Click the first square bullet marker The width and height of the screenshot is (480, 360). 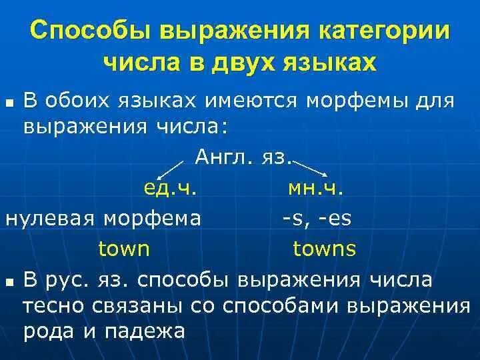(9, 103)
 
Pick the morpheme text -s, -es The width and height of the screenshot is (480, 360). (314, 219)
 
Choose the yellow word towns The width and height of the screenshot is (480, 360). (325, 249)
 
